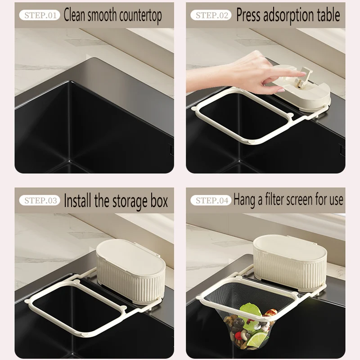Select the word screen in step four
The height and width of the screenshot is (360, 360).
pyautogui.click(x=310, y=200)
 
